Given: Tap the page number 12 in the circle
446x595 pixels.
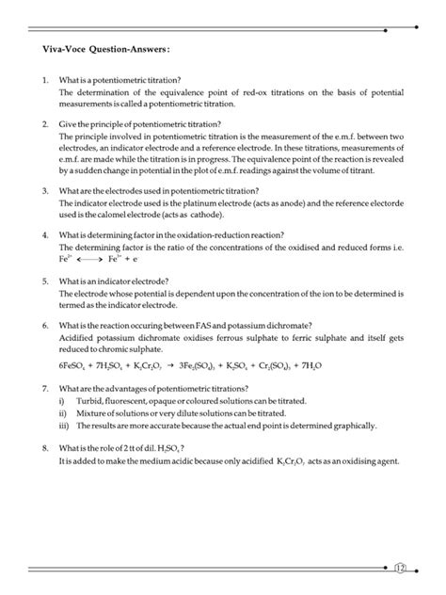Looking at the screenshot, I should pos(400,568).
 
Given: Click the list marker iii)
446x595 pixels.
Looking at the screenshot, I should pos(63,425).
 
